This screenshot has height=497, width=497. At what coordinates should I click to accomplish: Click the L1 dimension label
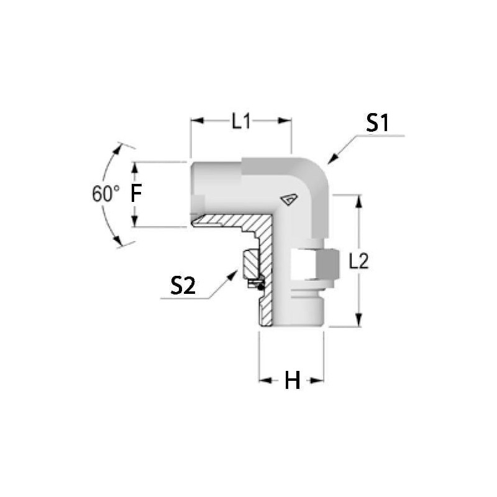tap(241, 121)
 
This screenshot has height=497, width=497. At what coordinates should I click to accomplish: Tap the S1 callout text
tap(377, 123)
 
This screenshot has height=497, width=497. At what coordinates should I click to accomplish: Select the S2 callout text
tap(183, 286)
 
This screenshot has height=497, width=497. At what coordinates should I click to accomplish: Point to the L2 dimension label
tap(359, 262)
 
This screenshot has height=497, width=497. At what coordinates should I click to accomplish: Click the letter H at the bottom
tap(292, 380)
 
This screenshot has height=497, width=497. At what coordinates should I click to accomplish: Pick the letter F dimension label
tap(136, 193)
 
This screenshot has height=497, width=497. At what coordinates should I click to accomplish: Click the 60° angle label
tap(106, 194)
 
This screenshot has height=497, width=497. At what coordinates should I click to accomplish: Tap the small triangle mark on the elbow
tap(289, 199)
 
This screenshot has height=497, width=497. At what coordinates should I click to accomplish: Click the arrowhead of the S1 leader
tap(332, 159)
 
